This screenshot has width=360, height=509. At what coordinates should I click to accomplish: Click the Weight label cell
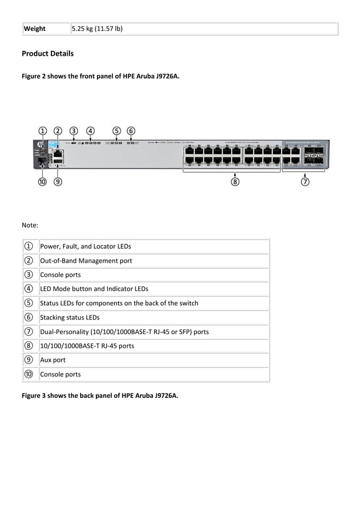click(x=34, y=29)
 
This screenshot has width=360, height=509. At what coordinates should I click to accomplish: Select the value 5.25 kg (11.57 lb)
click(x=96, y=29)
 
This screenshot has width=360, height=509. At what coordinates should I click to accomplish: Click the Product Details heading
click(x=47, y=54)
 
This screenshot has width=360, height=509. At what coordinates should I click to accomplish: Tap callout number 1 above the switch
click(x=42, y=131)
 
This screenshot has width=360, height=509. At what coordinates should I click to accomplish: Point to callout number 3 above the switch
click(x=74, y=131)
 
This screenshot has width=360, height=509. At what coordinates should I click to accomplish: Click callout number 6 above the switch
click(x=131, y=131)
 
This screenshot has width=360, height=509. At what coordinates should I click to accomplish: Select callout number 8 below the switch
click(x=235, y=182)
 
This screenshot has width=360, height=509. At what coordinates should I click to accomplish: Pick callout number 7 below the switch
click(x=305, y=182)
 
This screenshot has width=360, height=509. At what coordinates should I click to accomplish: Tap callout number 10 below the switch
click(x=42, y=182)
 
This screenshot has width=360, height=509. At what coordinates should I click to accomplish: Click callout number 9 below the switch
click(x=58, y=182)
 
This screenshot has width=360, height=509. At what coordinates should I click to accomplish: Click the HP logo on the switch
click(x=42, y=145)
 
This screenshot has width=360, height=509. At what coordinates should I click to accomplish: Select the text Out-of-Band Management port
click(x=86, y=261)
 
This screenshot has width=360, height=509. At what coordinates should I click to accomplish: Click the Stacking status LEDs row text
click(x=69, y=318)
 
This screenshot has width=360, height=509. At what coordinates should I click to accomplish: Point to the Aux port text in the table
click(x=52, y=360)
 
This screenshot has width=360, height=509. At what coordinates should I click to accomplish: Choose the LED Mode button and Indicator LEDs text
click(x=94, y=289)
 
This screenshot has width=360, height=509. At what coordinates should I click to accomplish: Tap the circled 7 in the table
click(x=28, y=332)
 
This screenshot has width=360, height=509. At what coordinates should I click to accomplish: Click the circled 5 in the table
click(x=28, y=303)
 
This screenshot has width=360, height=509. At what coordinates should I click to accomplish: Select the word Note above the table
click(x=29, y=225)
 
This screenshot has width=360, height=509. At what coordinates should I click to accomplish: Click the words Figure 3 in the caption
click(x=34, y=396)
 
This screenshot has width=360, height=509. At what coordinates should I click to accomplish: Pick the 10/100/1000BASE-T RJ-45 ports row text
click(x=87, y=346)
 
